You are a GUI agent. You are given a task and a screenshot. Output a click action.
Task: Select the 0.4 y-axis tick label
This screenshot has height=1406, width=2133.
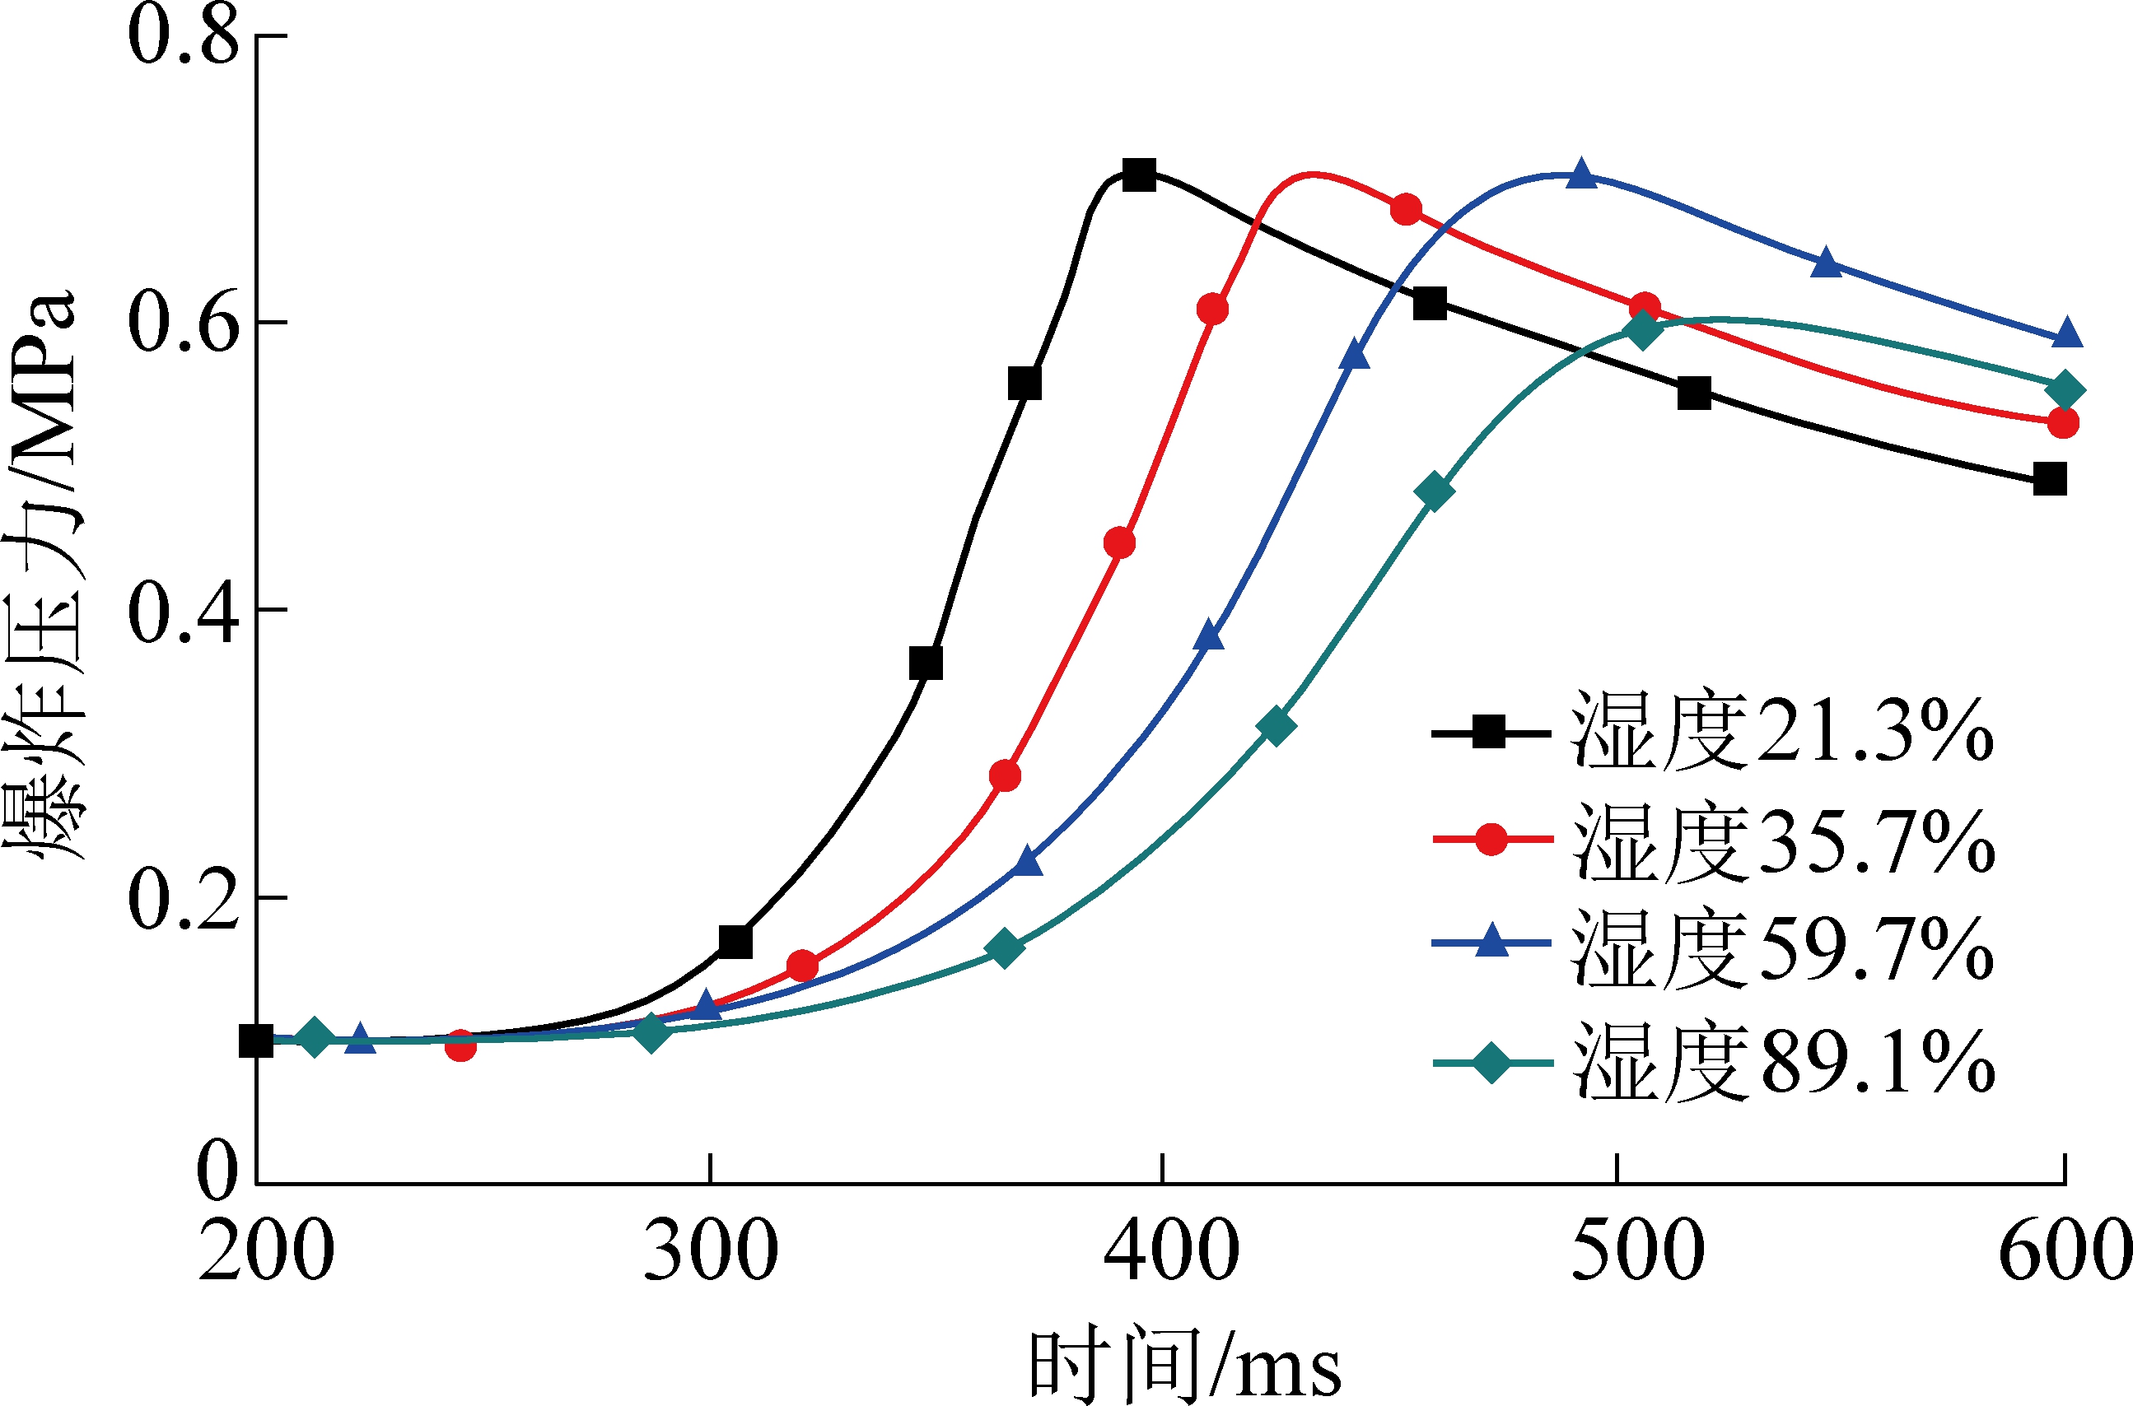pyautogui.click(x=184, y=612)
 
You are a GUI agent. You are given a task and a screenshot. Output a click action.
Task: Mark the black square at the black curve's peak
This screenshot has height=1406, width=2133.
pyautogui.click(x=1139, y=175)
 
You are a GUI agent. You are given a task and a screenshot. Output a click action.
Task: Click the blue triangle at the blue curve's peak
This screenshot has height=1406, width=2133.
pyautogui.click(x=1582, y=174)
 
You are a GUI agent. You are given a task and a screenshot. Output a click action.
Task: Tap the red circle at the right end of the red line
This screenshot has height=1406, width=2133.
pyautogui.click(x=2063, y=422)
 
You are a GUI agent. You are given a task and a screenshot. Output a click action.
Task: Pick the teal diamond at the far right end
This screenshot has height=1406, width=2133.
pyautogui.click(x=2065, y=390)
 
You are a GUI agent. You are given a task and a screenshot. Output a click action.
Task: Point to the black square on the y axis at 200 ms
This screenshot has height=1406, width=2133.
pyautogui.click(x=256, y=1042)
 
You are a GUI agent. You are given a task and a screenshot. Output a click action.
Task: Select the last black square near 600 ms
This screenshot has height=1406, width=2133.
pyautogui.click(x=2050, y=479)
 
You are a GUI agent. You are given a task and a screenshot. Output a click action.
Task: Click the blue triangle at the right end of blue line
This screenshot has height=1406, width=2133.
pyautogui.click(x=2067, y=333)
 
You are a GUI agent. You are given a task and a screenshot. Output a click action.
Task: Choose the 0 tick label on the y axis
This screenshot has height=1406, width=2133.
pyautogui.click(x=217, y=1171)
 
